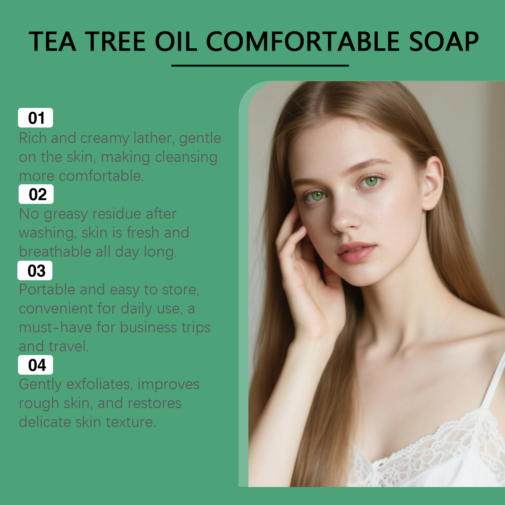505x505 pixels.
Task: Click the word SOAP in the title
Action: [x=444, y=41]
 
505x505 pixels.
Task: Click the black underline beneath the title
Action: [x=260, y=66]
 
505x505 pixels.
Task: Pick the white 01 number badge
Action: [x=35, y=118]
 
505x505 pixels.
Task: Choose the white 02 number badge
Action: [x=36, y=194]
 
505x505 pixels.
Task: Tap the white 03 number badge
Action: [x=35, y=270]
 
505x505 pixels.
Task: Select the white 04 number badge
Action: [x=35, y=365]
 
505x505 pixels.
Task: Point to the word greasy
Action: [x=66, y=215]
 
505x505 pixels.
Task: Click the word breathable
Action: [x=55, y=252]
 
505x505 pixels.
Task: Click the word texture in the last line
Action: [x=131, y=422]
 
